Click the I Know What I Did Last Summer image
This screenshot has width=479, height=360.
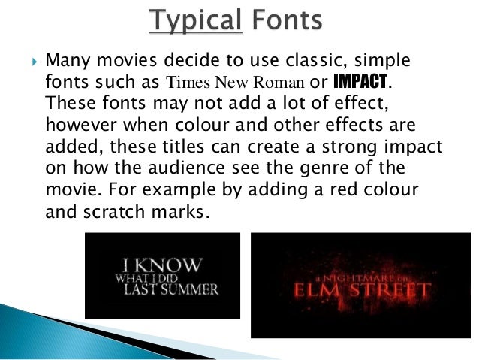click(x=162, y=276)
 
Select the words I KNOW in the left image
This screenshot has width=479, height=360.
click(x=162, y=264)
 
